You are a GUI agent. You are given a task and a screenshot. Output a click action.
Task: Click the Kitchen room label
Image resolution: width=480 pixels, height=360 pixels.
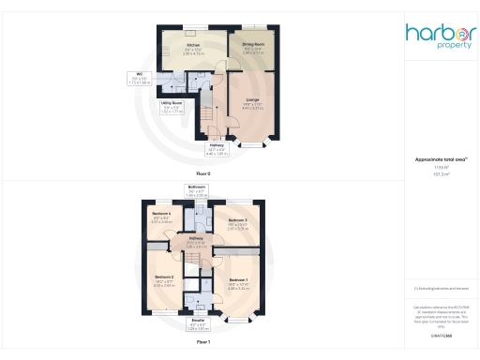193,45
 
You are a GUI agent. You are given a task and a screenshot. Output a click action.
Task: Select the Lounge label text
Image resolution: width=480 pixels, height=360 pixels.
252,98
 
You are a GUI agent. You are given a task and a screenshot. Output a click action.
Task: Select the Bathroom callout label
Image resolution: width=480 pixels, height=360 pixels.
196,187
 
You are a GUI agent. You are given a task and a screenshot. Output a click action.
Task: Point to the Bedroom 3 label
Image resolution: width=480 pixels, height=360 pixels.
236,219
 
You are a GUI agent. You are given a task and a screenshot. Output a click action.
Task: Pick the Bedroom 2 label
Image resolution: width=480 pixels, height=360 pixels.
164,277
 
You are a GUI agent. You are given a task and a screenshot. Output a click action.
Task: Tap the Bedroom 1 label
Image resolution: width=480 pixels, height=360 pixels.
238,280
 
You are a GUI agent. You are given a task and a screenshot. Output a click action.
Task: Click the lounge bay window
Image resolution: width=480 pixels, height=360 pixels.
253,145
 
